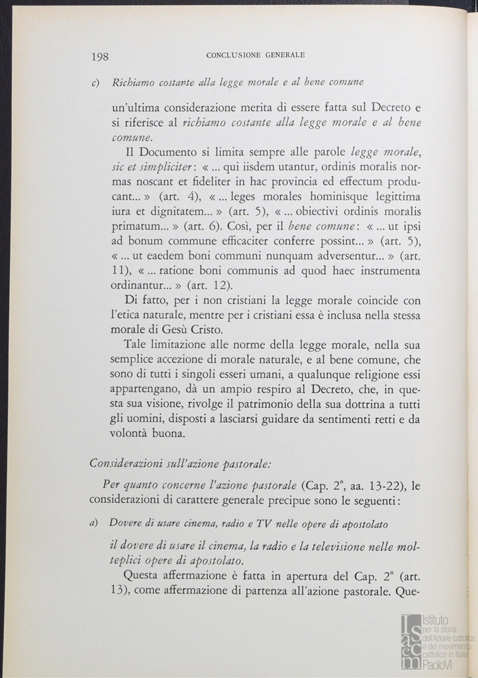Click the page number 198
100,56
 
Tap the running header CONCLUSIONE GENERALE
255,55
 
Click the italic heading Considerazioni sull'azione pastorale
180,465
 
